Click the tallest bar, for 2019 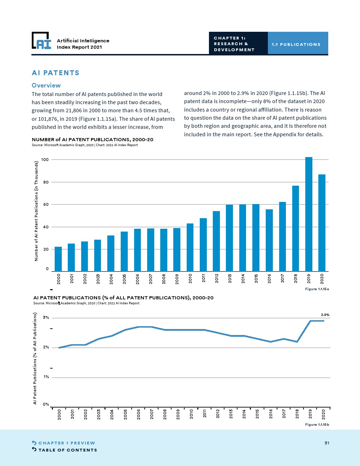(308, 214)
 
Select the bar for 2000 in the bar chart (58, 259)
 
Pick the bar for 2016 (269, 240)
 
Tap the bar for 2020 (322, 223)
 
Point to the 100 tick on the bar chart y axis (45, 160)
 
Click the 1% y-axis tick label (46, 377)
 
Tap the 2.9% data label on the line (325, 315)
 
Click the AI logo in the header (41, 41)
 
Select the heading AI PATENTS (55, 73)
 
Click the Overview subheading (46, 85)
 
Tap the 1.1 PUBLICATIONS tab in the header (296, 44)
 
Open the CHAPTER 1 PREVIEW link (67, 443)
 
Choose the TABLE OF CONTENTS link (67, 450)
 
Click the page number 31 (327, 443)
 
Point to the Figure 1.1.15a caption (317, 289)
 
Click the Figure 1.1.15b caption (317, 425)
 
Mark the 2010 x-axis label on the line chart (191, 414)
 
